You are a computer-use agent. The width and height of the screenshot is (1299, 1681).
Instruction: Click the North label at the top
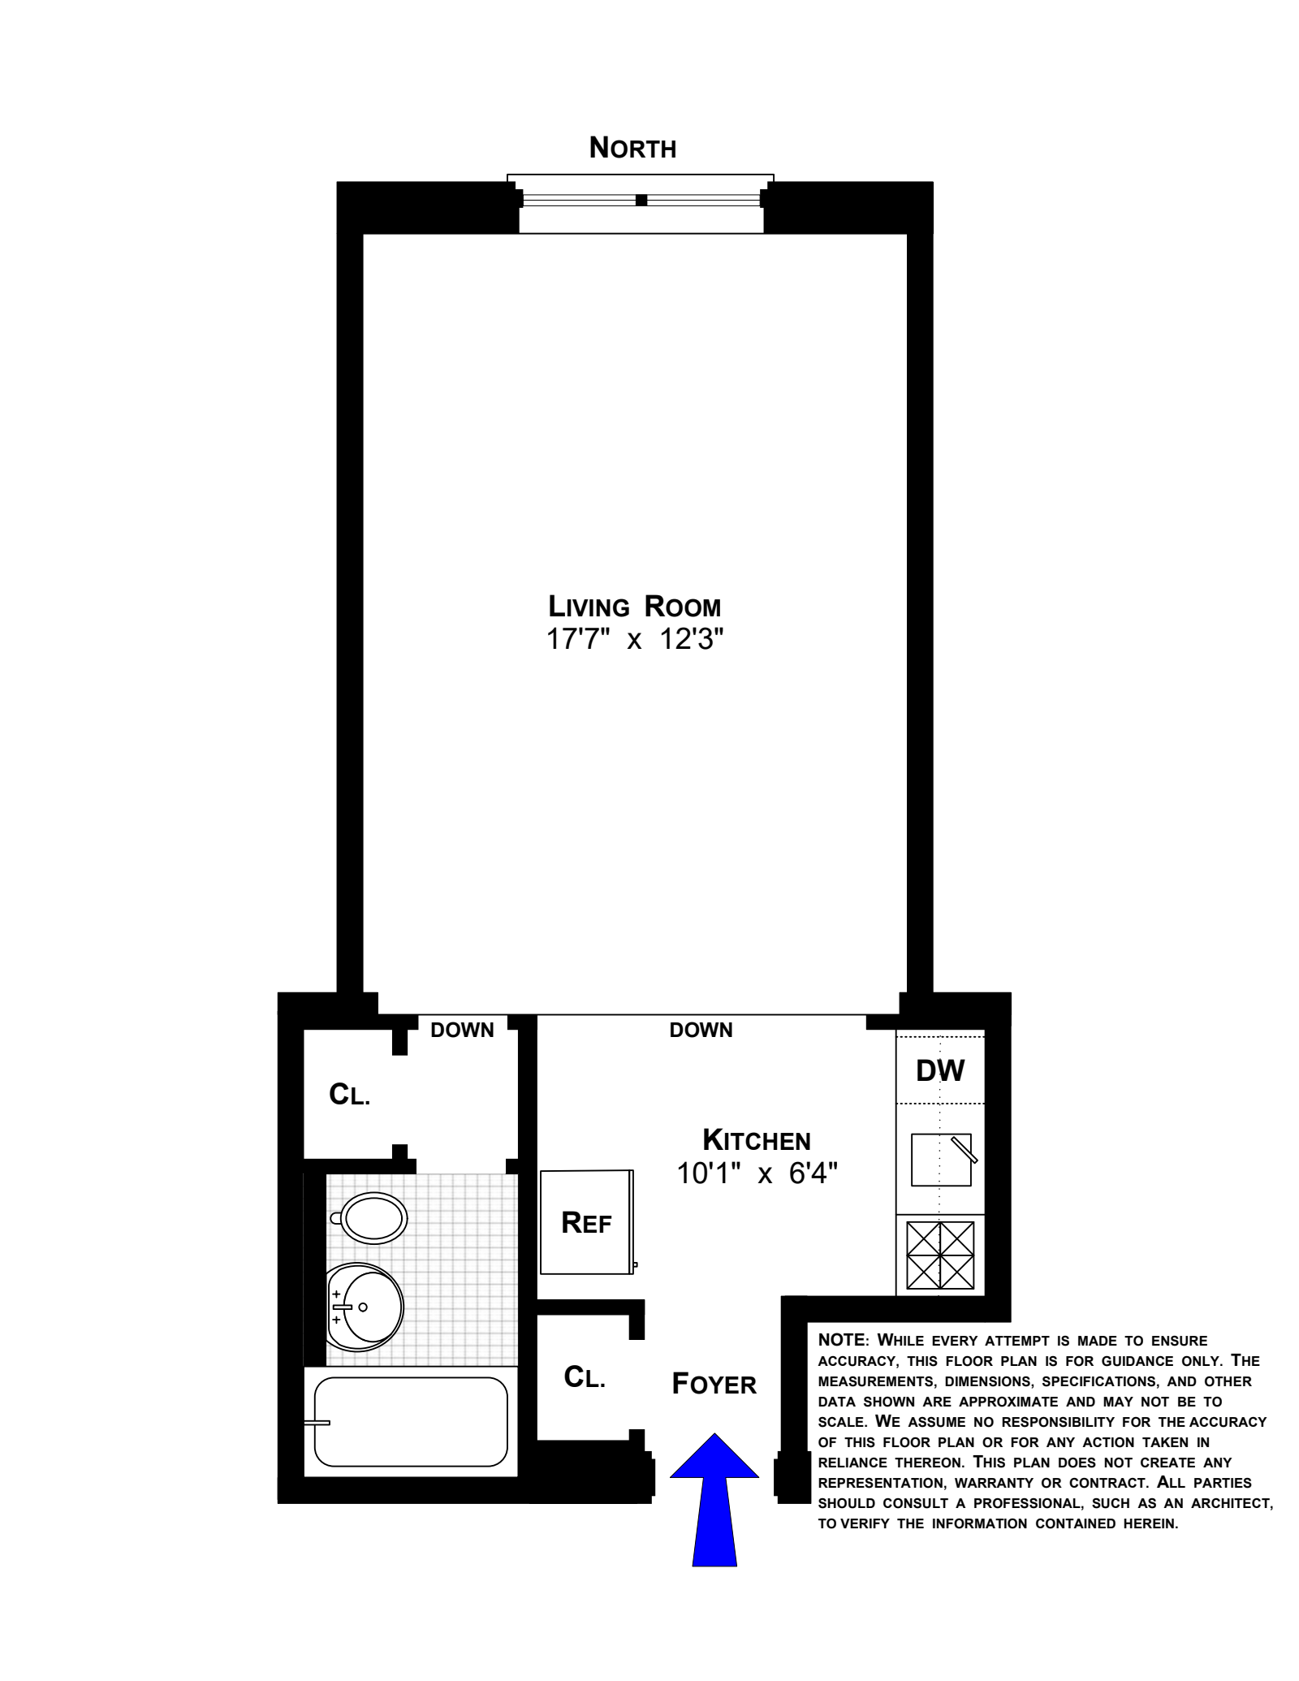[632, 149]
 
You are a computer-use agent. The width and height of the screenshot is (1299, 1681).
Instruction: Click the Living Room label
[634, 607]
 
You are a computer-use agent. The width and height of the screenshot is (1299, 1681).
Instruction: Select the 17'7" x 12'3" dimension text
[634, 640]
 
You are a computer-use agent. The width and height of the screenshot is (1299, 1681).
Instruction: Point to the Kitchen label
[756, 1140]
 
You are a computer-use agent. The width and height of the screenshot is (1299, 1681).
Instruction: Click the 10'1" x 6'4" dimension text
[757, 1173]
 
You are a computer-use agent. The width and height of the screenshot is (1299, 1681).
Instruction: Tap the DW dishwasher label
[940, 1070]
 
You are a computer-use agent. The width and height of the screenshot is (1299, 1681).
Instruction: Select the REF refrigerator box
[587, 1223]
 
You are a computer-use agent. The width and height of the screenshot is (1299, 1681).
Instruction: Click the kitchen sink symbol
[941, 1160]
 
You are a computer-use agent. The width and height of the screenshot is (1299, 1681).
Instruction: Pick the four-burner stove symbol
[940, 1255]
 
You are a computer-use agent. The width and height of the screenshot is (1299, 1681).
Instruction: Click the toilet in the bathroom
[373, 1218]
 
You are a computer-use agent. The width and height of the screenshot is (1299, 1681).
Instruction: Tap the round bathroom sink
[365, 1307]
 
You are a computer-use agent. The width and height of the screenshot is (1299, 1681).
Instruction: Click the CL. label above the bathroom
[349, 1095]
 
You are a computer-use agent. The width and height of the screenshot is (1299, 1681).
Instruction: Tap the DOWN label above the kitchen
[701, 1031]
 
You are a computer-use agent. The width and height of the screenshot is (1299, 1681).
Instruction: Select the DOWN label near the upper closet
[462, 1031]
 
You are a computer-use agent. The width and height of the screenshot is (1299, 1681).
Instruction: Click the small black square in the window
[641, 200]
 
